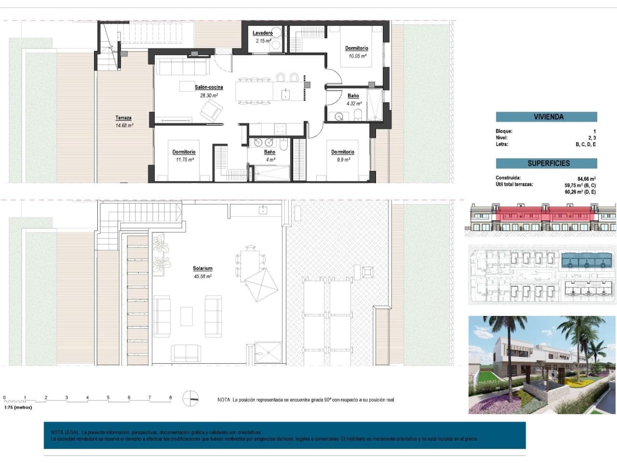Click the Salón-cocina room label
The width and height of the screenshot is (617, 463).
(x=209, y=87)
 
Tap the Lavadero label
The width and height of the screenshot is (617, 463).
(x=262, y=33)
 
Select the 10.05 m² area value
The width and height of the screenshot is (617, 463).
(x=357, y=56)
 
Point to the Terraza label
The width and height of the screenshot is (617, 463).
(x=123, y=118)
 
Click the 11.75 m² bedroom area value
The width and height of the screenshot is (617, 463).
(x=184, y=160)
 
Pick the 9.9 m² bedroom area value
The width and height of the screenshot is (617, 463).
(x=343, y=160)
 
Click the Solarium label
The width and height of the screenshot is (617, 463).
(x=202, y=268)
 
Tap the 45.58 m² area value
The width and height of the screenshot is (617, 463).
(x=202, y=276)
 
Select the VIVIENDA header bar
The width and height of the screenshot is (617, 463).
(x=546, y=117)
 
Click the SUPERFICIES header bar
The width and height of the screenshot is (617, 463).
(x=546, y=163)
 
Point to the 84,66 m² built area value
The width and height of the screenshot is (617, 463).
(x=587, y=178)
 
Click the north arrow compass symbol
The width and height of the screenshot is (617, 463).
(x=190, y=399)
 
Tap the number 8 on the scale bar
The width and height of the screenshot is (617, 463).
(x=170, y=398)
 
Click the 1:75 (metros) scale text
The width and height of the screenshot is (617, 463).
(x=18, y=408)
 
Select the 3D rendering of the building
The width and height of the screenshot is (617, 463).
(x=542, y=365)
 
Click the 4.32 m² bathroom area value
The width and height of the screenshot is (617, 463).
(x=354, y=103)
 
